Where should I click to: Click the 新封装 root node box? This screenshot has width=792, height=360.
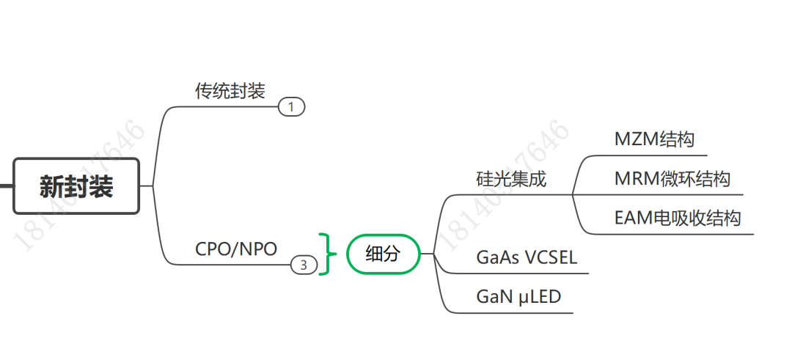click(x=76, y=186)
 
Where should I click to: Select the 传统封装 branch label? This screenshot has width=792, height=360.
click(x=230, y=91)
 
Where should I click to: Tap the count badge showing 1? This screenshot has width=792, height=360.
click(x=291, y=107)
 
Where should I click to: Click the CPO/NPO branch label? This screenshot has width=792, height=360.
click(x=236, y=249)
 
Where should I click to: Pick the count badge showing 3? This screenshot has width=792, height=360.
click(x=304, y=265)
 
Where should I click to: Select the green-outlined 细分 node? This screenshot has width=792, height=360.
click(x=383, y=254)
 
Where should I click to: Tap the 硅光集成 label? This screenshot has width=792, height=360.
click(x=511, y=179)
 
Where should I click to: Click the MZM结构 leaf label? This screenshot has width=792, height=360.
click(x=654, y=139)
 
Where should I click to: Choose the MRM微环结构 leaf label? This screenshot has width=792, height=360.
click(x=672, y=179)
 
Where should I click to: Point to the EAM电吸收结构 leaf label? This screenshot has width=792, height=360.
click(x=677, y=218)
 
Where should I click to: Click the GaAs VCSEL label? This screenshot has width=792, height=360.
click(x=527, y=257)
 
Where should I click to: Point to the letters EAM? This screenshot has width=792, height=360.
click(x=629, y=218)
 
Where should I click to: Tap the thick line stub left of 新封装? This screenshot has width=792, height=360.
click(x=6, y=186)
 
